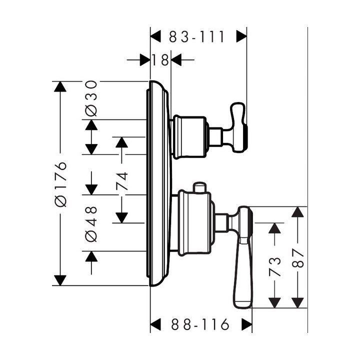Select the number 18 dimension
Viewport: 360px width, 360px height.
(x=160, y=60)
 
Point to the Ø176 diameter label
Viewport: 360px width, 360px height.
(x=60, y=183)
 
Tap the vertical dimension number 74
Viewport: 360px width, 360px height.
(x=121, y=183)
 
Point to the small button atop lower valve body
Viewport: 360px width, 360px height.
(x=200, y=187)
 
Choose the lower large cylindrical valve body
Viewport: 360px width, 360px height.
(x=194, y=224)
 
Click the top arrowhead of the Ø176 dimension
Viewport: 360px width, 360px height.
(x=60, y=86)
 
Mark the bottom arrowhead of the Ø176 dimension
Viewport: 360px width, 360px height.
(x=60, y=280)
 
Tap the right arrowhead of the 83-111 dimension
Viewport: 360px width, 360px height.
(x=241, y=36)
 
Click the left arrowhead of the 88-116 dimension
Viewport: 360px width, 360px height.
(x=156, y=324)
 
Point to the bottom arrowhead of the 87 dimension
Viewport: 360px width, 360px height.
(x=298, y=302)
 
